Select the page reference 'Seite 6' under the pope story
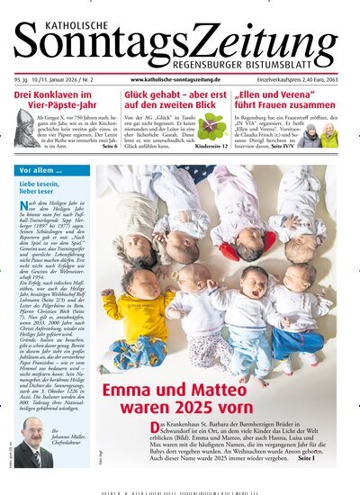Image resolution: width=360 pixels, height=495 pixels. pos(109,144)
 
